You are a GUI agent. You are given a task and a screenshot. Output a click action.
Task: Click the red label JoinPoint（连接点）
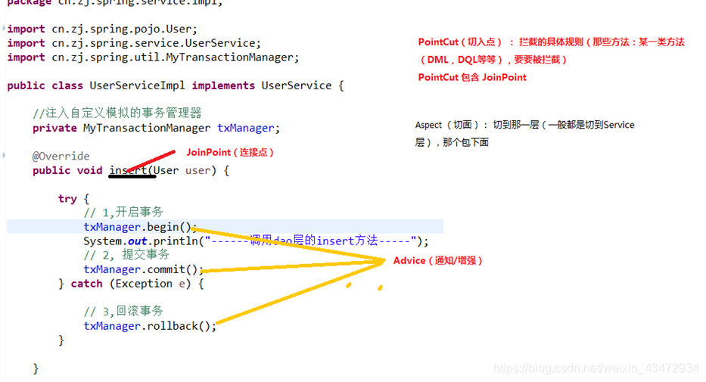pyautogui.click(x=230, y=153)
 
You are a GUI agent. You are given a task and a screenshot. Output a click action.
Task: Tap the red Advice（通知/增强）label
pyautogui.click(x=437, y=260)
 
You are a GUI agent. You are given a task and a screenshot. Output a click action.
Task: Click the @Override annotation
pyautogui.click(x=61, y=156)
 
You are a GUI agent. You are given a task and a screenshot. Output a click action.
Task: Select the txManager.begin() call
pyautogui.click(x=139, y=227)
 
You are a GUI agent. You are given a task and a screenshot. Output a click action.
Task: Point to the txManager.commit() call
pyautogui.click(x=143, y=269)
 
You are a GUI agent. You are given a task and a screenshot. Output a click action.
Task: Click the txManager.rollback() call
pyautogui.click(x=149, y=326)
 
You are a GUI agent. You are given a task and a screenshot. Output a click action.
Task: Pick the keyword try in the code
pyautogui.click(x=67, y=198)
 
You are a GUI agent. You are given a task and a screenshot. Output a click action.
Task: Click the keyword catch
pyautogui.click(x=86, y=284)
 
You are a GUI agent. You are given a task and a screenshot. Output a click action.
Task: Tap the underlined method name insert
pyautogui.click(x=129, y=170)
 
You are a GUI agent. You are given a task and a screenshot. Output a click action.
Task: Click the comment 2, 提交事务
pyautogui.click(x=126, y=255)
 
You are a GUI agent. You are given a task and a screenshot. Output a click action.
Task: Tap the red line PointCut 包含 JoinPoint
pyautogui.click(x=472, y=77)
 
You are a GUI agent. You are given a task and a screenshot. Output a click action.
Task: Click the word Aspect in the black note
pyautogui.click(x=429, y=125)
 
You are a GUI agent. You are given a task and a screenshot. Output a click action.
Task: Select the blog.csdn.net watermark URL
pyautogui.click(x=596, y=368)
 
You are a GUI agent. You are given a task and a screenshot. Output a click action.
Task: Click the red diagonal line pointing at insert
pyautogui.click(x=151, y=160)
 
